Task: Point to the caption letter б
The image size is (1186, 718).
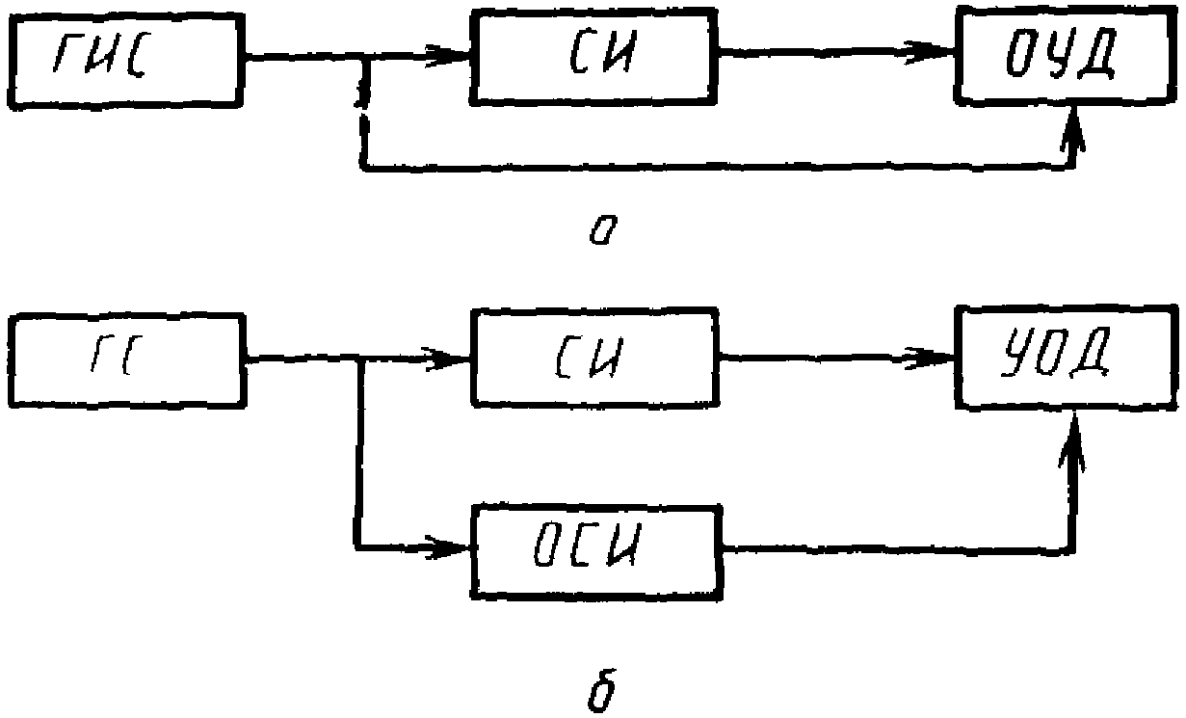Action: click(x=603, y=690)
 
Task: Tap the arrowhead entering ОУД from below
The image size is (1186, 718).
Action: click(x=1073, y=129)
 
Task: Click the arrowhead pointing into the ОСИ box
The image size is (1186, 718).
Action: click(x=448, y=547)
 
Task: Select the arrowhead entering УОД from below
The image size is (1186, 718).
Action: click(x=1072, y=440)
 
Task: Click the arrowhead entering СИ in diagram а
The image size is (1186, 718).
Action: click(x=448, y=55)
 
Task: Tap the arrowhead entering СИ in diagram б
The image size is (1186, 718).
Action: click(x=448, y=359)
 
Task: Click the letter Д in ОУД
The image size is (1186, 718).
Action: click(x=1093, y=53)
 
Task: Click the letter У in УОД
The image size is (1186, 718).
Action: click(x=1015, y=352)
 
